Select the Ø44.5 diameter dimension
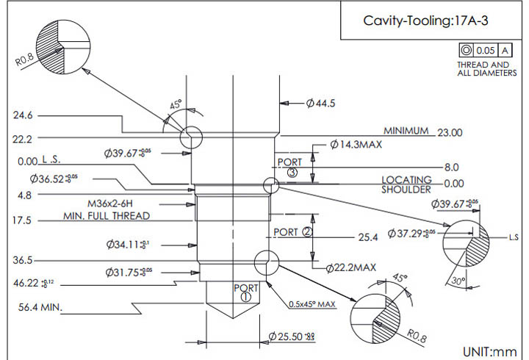(321, 104)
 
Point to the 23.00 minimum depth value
(450, 132)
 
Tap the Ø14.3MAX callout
(356, 145)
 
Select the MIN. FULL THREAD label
(106, 216)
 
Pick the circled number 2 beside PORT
(308, 232)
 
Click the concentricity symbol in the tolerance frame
(465, 51)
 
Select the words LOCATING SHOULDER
(406, 184)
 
